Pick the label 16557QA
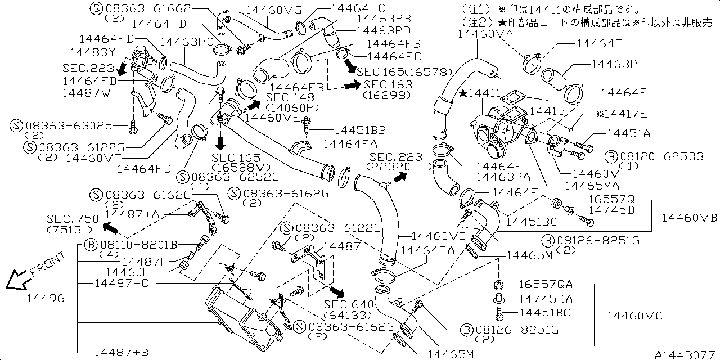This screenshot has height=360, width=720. (x=545, y=284)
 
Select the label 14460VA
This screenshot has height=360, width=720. (x=486, y=34)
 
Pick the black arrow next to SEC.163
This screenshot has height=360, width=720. (x=352, y=85)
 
